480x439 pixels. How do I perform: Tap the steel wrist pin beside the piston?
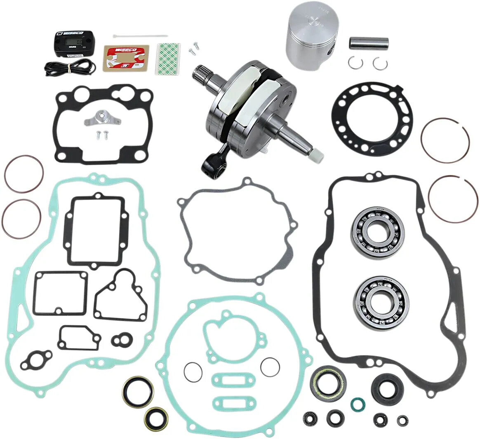(x=369, y=43)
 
